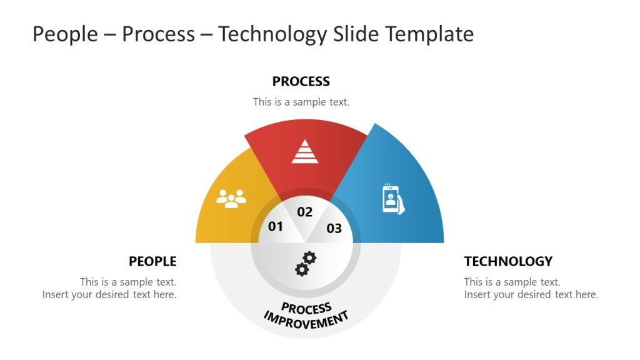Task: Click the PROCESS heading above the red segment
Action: click(x=301, y=81)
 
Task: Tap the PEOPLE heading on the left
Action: click(x=152, y=261)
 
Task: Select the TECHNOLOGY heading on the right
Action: click(x=508, y=261)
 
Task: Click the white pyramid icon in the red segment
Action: click(x=304, y=152)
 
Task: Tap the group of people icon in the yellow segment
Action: click(x=231, y=198)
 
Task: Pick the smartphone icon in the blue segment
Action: click(x=392, y=199)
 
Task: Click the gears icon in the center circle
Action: click(x=305, y=263)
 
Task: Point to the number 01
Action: click(x=276, y=226)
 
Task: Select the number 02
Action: click(x=304, y=212)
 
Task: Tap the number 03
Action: click(x=334, y=228)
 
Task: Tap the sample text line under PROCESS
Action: click(x=301, y=102)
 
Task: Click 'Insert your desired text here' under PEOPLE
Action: click(x=109, y=294)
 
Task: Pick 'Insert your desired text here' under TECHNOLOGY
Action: click(x=531, y=294)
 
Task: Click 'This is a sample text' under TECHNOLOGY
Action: click(x=512, y=282)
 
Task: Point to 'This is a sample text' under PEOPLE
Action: click(x=128, y=282)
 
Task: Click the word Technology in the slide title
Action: click(x=272, y=34)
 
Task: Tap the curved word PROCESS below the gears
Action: click(x=306, y=308)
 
